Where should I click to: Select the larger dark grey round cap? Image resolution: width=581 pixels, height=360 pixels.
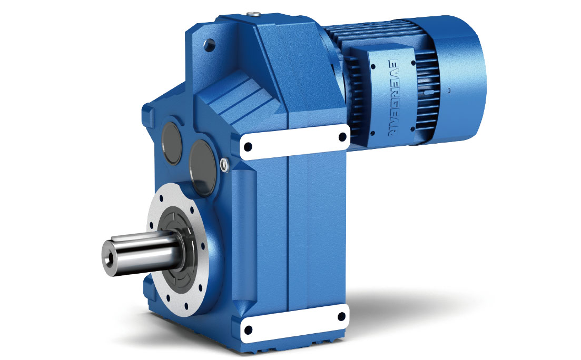(x=203, y=161)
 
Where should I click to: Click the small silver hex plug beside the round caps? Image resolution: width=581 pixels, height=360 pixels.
(x=225, y=165)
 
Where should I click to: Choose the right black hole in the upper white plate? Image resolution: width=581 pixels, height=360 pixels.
(x=342, y=138)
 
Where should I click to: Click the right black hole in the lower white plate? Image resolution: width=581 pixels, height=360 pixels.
(x=342, y=316)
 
